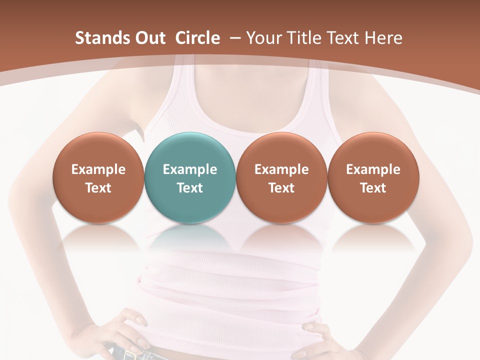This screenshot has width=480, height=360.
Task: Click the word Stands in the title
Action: (x=102, y=38)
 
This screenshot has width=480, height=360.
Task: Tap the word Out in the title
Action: (x=149, y=38)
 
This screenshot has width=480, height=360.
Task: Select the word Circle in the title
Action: (x=197, y=38)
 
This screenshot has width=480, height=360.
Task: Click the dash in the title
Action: (x=234, y=38)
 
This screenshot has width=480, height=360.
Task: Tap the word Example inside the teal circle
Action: (x=190, y=169)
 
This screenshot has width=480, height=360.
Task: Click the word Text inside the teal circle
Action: (x=190, y=188)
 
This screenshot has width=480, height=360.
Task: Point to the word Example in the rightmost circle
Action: (x=373, y=169)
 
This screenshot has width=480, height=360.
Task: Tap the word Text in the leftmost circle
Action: (x=98, y=188)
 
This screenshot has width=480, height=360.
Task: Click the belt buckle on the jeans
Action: (x=131, y=354)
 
